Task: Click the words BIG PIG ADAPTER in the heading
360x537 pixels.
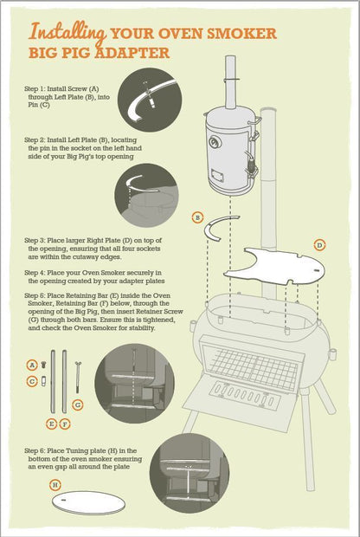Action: (x=99, y=54)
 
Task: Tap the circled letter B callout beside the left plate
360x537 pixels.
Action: (x=198, y=217)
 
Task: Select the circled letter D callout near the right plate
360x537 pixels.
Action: (x=319, y=246)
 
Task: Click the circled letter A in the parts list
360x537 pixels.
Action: (x=32, y=366)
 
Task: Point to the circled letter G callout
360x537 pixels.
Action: (x=78, y=404)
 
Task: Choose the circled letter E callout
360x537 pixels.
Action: (x=50, y=424)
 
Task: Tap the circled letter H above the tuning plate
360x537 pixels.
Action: (x=55, y=485)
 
